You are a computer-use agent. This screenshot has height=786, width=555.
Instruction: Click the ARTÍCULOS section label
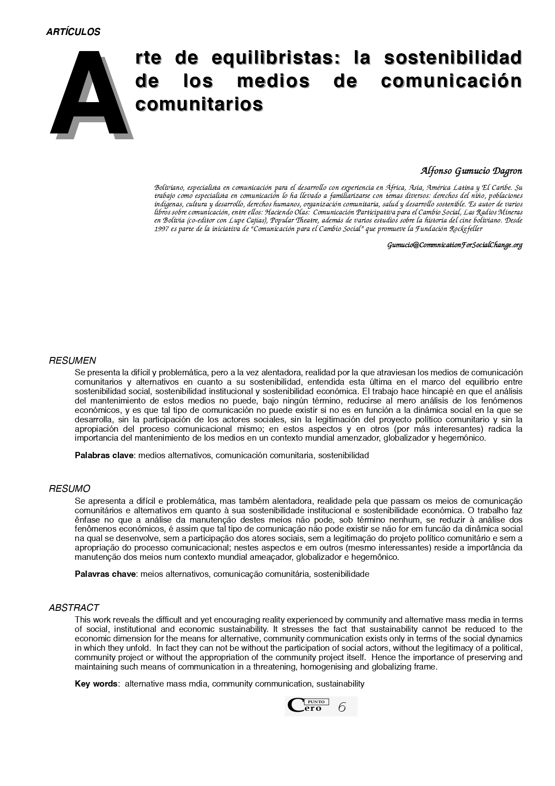pos(73,32)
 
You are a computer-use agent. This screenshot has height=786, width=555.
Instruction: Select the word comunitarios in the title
pos(199,104)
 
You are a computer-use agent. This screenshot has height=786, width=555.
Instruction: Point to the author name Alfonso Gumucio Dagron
pos(471,171)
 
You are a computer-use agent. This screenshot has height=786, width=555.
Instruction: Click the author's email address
pos(455,245)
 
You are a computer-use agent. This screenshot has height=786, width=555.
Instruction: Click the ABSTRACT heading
pos(74,608)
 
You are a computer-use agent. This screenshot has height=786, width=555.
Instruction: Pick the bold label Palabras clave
pos(104,455)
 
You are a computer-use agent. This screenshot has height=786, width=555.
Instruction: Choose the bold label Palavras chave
pos(105,574)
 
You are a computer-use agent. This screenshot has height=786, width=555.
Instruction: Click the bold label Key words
pos(96,684)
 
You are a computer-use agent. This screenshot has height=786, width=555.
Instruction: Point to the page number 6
pos(342,707)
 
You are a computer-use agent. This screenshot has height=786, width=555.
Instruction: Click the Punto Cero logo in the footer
pos(308,706)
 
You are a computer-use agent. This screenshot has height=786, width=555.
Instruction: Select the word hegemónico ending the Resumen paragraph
pos(463,438)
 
